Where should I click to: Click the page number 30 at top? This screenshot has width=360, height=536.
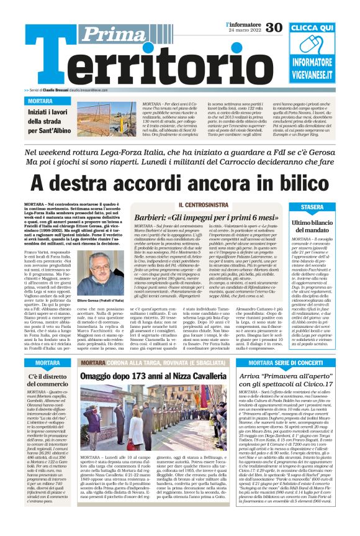[274, 27]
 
